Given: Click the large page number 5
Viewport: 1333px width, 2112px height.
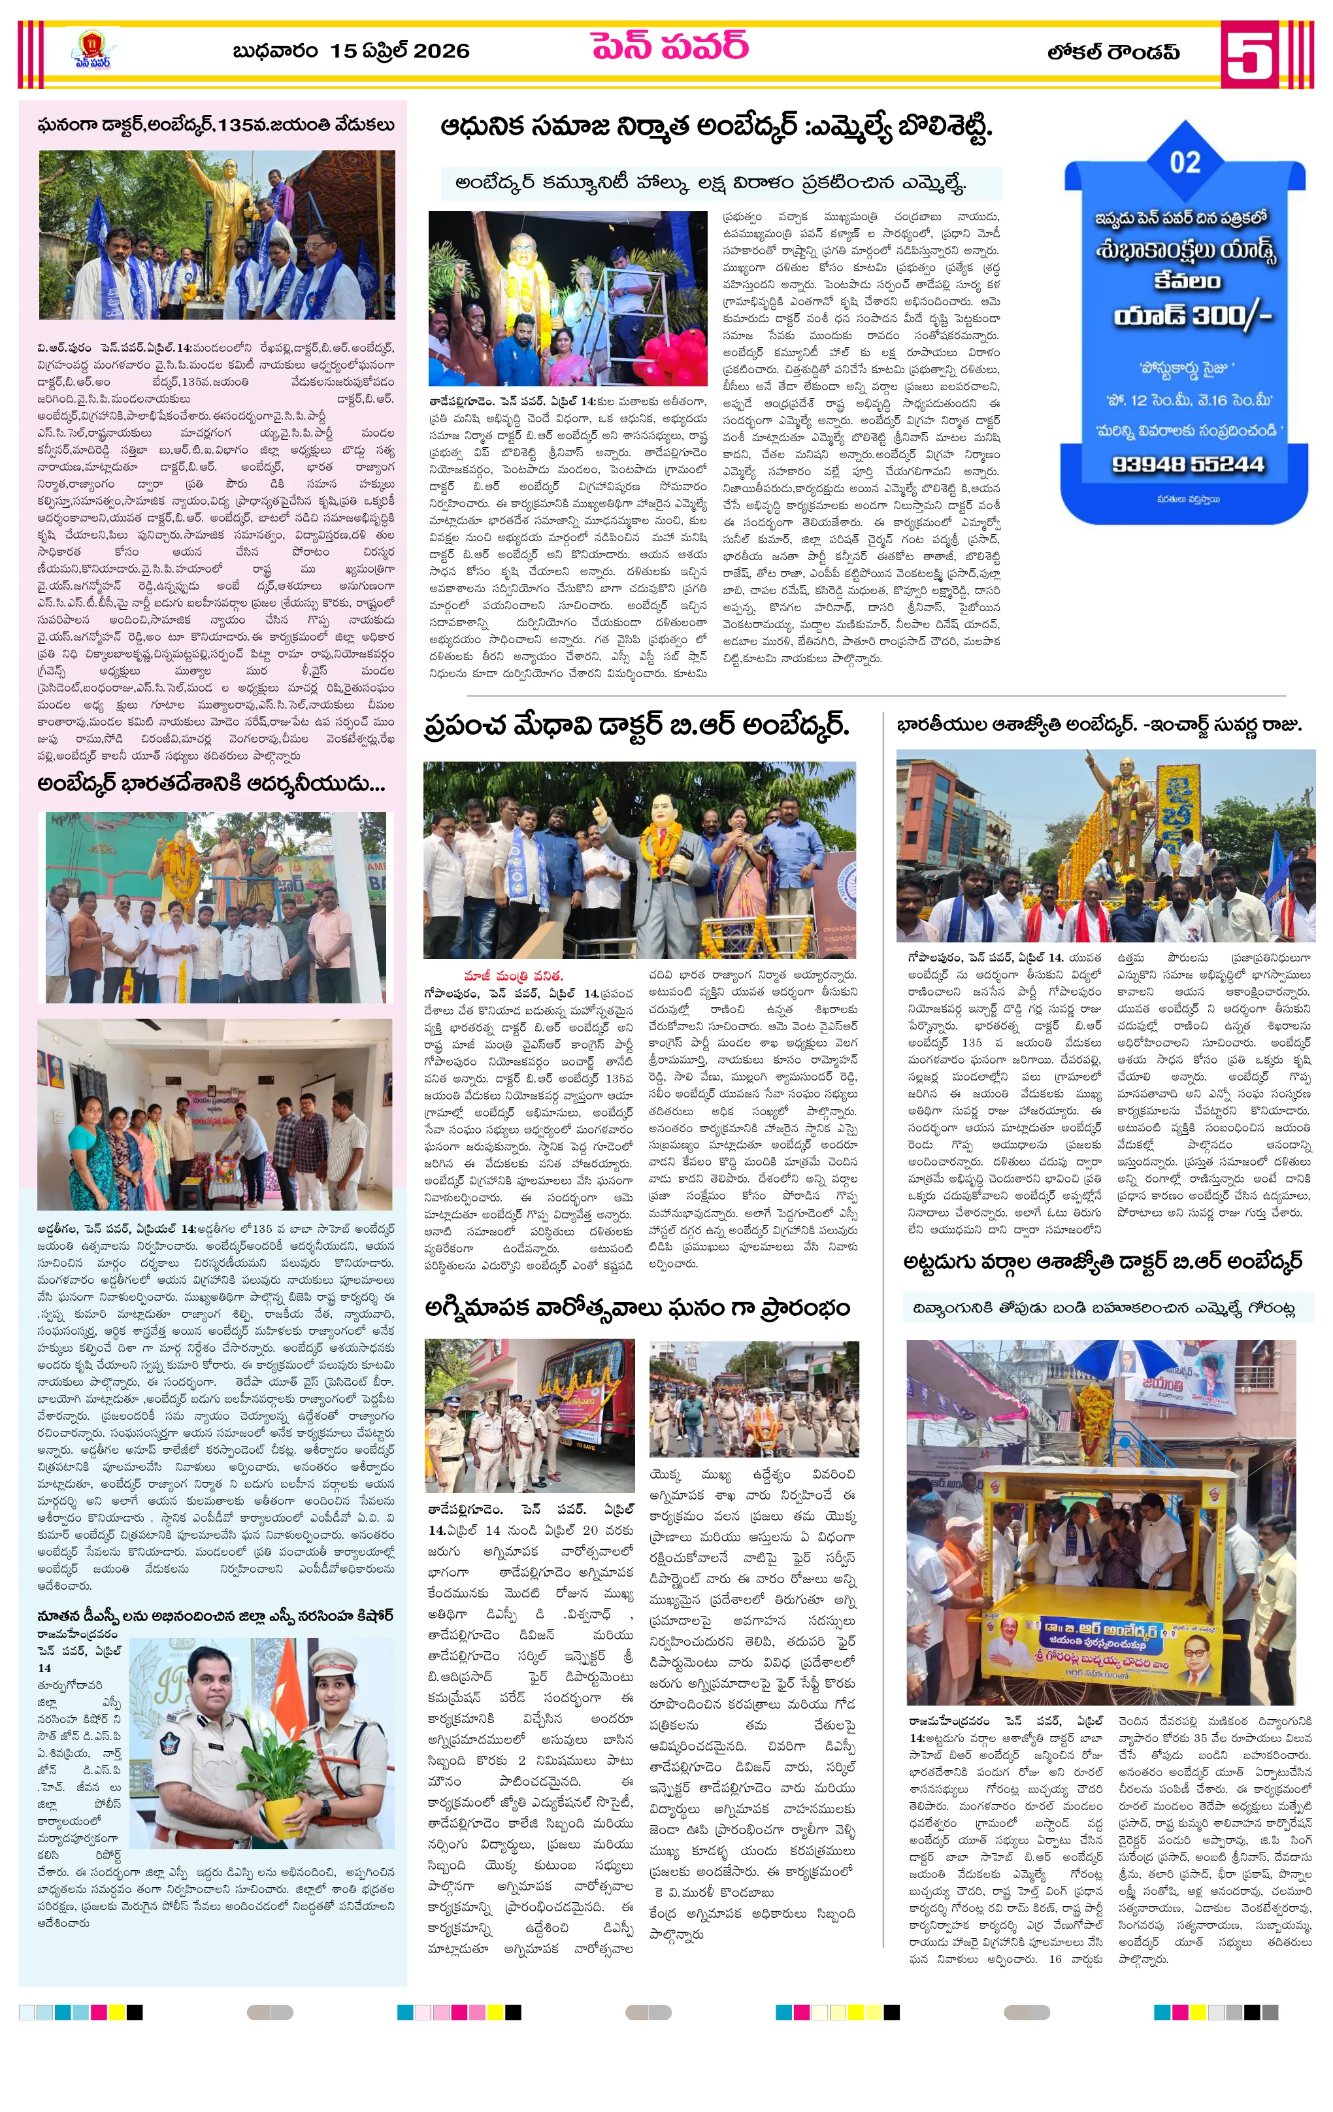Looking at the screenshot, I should click(1249, 54).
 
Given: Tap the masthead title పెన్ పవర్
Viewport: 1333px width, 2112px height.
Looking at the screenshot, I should click(669, 46).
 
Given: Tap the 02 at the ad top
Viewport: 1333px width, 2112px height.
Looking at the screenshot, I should click(1185, 162).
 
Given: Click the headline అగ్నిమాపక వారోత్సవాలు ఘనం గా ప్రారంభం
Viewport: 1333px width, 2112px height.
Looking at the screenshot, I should click(636, 1308).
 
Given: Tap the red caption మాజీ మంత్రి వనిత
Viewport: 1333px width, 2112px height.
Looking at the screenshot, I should click(513, 975).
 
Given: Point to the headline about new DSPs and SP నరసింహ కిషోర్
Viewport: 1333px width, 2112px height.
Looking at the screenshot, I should click(215, 1616).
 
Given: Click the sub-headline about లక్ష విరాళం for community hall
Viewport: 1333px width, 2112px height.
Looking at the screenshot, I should click(710, 183).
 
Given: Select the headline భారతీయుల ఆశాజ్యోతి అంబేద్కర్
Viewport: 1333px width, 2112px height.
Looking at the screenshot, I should click(1099, 726).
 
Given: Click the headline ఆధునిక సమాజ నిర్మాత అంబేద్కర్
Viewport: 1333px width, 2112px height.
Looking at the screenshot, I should click(716, 128).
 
